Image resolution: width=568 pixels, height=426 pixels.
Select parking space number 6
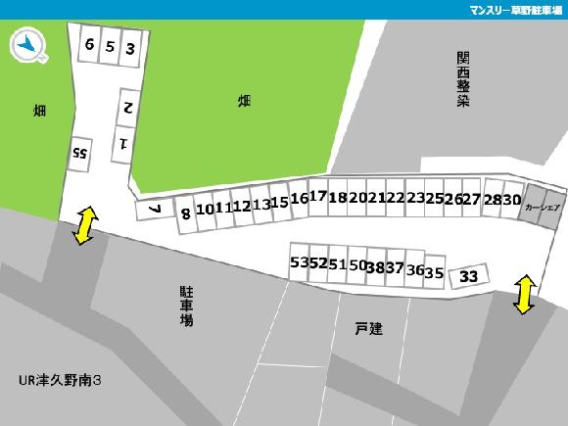tap(89, 45)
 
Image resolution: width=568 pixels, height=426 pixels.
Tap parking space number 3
tap(129, 47)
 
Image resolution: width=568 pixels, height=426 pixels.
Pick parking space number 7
tap(154, 209)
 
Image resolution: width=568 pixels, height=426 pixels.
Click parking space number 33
tap(469, 276)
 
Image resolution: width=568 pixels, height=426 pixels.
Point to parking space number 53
tap(298, 262)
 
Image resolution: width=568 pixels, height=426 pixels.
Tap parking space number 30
tap(512, 200)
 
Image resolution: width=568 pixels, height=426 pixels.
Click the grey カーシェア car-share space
tap(542, 208)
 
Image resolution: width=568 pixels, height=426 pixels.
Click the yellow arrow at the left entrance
tap(84, 225)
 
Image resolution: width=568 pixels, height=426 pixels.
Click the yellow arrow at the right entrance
tap(524, 295)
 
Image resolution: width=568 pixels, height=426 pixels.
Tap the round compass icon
tap(28, 45)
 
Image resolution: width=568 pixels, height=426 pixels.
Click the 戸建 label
tap(369, 329)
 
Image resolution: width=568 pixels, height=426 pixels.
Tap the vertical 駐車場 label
tap(186, 306)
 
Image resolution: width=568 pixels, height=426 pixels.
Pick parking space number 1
tap(124, 143)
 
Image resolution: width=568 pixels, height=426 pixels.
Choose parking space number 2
tap(127, 104)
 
